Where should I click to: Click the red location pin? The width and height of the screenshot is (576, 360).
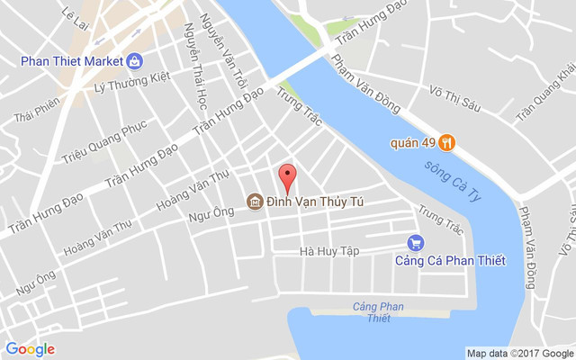(287, 178)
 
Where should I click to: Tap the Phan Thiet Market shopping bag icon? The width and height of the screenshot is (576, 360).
(134, 61)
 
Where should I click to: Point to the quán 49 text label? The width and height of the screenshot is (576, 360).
(413, 142)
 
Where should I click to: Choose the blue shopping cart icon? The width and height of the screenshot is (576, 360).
(415, 242)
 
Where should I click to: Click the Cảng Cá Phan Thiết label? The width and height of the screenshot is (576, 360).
(450, 261)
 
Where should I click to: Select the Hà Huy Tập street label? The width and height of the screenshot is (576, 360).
(329, 251)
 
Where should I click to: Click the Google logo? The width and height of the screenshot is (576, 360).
(30, 349)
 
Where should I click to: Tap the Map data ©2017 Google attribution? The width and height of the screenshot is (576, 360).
(519, 353)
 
